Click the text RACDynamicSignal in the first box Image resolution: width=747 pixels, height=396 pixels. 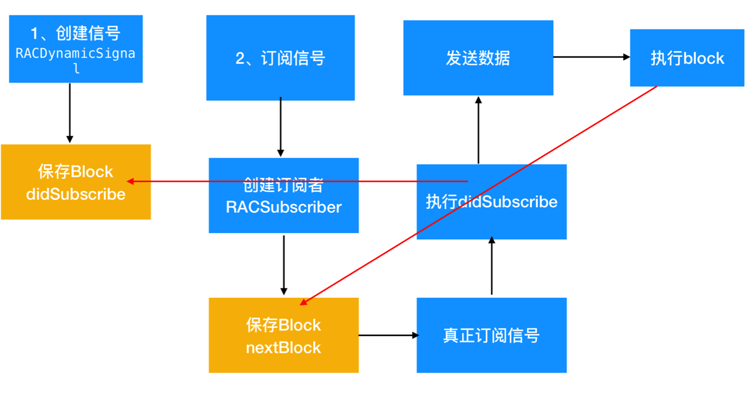coord(75,54)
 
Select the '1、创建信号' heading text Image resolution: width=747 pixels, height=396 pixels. coord(75,33)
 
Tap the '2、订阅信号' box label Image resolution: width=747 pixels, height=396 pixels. coord(280,58)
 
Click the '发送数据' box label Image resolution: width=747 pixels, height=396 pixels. coord(478,58)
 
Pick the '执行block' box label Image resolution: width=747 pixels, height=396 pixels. coord(687,58)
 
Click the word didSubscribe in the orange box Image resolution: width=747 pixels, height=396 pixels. coord(76,194)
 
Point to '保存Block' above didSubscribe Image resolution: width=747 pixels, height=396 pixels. coord(76,171)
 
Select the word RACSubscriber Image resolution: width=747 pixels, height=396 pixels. coord(284,207)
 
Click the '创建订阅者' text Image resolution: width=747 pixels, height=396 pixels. coord(284,185)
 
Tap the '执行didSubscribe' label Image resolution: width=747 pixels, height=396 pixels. coord(491,202)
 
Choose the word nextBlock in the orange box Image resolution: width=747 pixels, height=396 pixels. coord(284,347)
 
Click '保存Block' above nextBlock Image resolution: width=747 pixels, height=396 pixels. coord(284,325)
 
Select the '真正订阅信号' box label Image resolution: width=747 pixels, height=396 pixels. coord(491,336)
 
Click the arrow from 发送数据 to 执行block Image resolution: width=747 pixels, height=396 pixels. coord(591,57)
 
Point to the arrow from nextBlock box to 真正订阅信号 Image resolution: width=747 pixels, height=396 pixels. coord(388,335)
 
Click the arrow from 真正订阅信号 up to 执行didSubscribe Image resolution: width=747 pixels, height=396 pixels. coord(491,266)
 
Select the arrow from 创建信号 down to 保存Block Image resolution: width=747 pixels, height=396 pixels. coord(70,113)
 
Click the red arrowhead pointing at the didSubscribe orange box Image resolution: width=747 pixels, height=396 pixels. coord(130,182)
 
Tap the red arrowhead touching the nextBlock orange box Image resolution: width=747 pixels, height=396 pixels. coord(304,302)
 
